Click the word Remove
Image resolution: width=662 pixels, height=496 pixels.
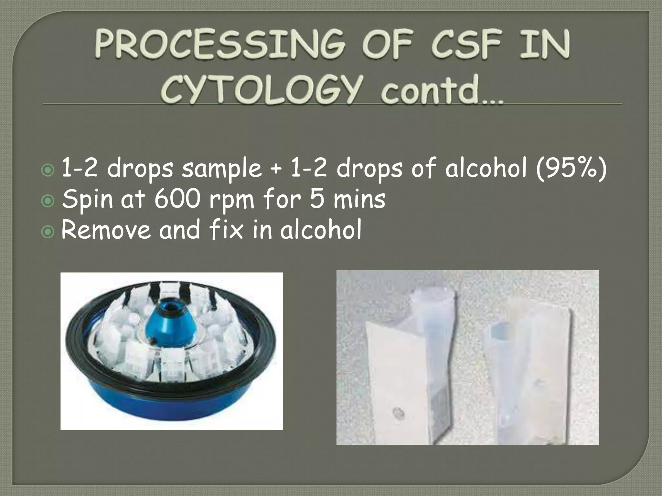tap(106, 230)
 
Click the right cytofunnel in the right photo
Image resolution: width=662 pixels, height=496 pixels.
tap(530, 371)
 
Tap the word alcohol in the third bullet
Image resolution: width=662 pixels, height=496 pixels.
tap(320, 230)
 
